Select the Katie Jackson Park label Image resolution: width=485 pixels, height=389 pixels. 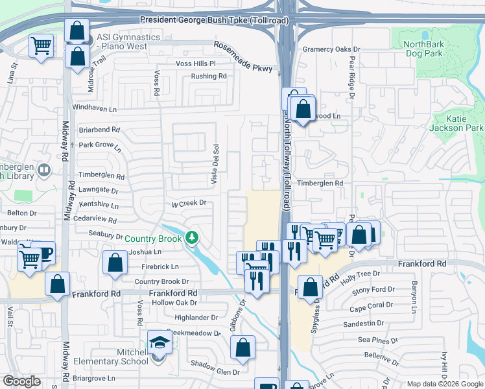tap(456, 123)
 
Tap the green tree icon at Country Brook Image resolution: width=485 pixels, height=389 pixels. tap(192, 238)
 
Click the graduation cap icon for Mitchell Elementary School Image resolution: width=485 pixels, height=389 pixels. tap(159, 342)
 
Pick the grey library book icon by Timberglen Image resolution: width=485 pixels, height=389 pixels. tap(44, 171)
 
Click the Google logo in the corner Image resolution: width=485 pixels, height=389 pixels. tap(21, 381)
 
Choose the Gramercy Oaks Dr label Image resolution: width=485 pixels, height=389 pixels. tap(331, 49)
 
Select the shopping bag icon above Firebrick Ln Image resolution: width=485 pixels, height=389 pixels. tap(115, 263)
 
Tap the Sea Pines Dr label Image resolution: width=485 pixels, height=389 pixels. tap(376, 340)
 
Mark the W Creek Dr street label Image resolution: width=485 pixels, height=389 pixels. tap(188, 203)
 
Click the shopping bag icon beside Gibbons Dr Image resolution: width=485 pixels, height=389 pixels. tap(242, 347)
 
